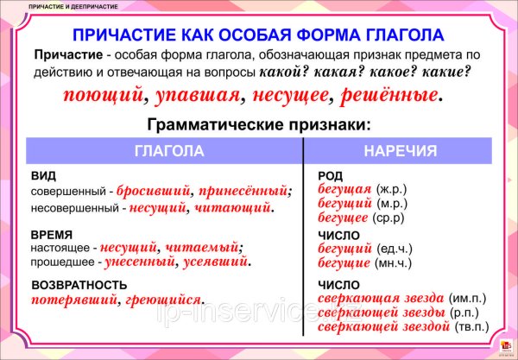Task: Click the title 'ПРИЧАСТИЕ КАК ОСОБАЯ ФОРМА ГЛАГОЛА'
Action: [x=258, y=35]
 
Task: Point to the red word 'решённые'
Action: [x=388, y=92]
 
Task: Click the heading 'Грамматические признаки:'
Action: [x=259, y=124]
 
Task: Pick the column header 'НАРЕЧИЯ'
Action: [x=401, y=151]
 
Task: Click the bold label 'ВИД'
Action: [x=42, y=175]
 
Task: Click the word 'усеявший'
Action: [x=216, y=260]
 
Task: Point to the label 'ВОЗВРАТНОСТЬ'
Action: [x=79, y=285]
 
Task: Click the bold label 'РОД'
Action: [x=330, y=175]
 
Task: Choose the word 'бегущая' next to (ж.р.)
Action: [x=343, y=188]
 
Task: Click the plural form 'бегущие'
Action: [x=343, y=262]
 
